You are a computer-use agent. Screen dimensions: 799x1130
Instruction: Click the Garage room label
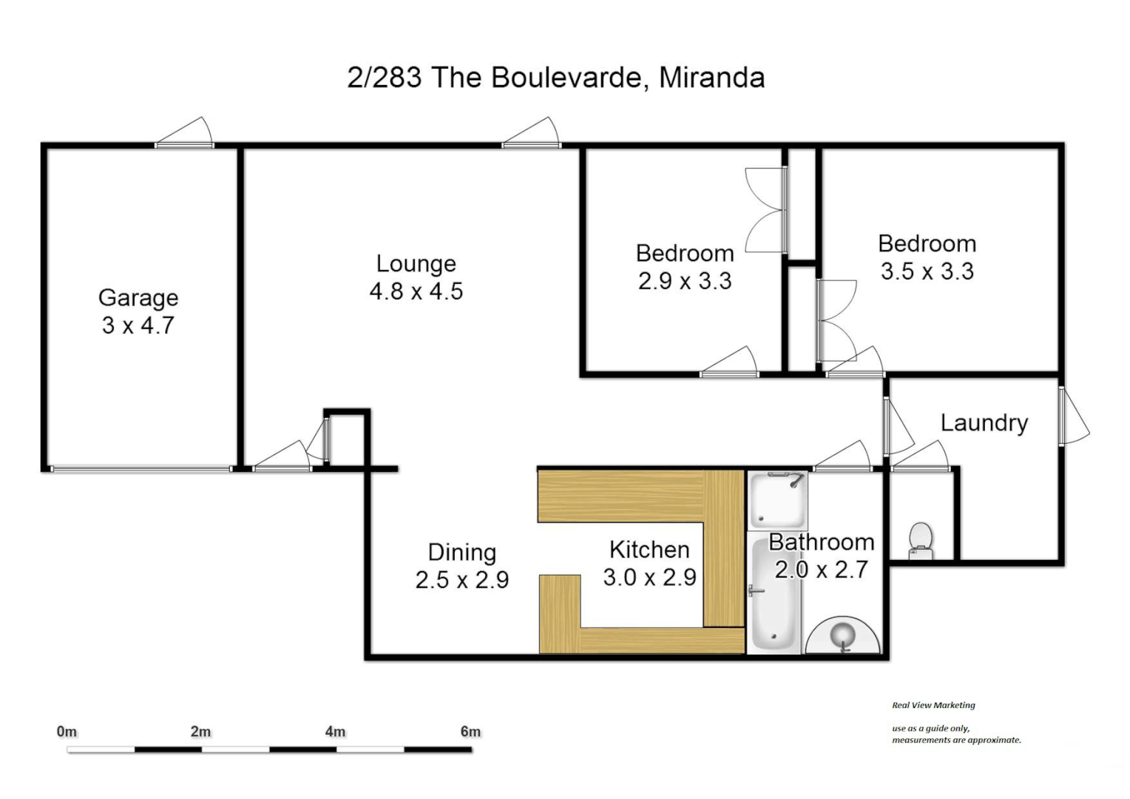click(x=138, y=297)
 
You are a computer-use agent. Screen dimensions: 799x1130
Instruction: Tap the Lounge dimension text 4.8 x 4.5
click(x=416, y=291)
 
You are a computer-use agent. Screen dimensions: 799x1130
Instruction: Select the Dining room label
click(x=461, y=552)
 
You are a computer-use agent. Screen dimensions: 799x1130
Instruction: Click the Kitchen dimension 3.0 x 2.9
click(x=649, y=577)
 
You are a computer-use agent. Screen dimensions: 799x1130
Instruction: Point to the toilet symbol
click(x=921, y=541)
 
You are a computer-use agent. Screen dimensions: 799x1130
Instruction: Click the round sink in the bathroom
click(x=843, y=636)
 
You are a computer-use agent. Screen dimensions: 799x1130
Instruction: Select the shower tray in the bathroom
click(x=777, y=501)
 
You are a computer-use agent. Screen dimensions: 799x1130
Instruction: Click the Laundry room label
click(x=984, y=423)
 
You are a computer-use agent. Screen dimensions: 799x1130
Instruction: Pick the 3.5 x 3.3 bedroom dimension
click(x=927, y=272)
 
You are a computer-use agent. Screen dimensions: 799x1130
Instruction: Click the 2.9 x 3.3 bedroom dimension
click(x=685, y=281)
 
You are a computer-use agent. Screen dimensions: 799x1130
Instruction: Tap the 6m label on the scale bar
click(x=470, y=732)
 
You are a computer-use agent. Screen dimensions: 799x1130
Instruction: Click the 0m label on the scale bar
click(x=67, y=732)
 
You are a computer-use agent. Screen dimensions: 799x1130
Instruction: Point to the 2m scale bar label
click(x=200, y=732)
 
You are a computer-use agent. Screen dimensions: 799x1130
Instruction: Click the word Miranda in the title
click(x=711, y=78)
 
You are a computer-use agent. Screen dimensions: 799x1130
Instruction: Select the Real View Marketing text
click(x=933, y=705)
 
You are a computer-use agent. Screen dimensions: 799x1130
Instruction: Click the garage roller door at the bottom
click(x=141, y=468)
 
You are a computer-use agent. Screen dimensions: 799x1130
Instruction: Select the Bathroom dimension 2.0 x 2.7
click(x=821, y=570)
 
